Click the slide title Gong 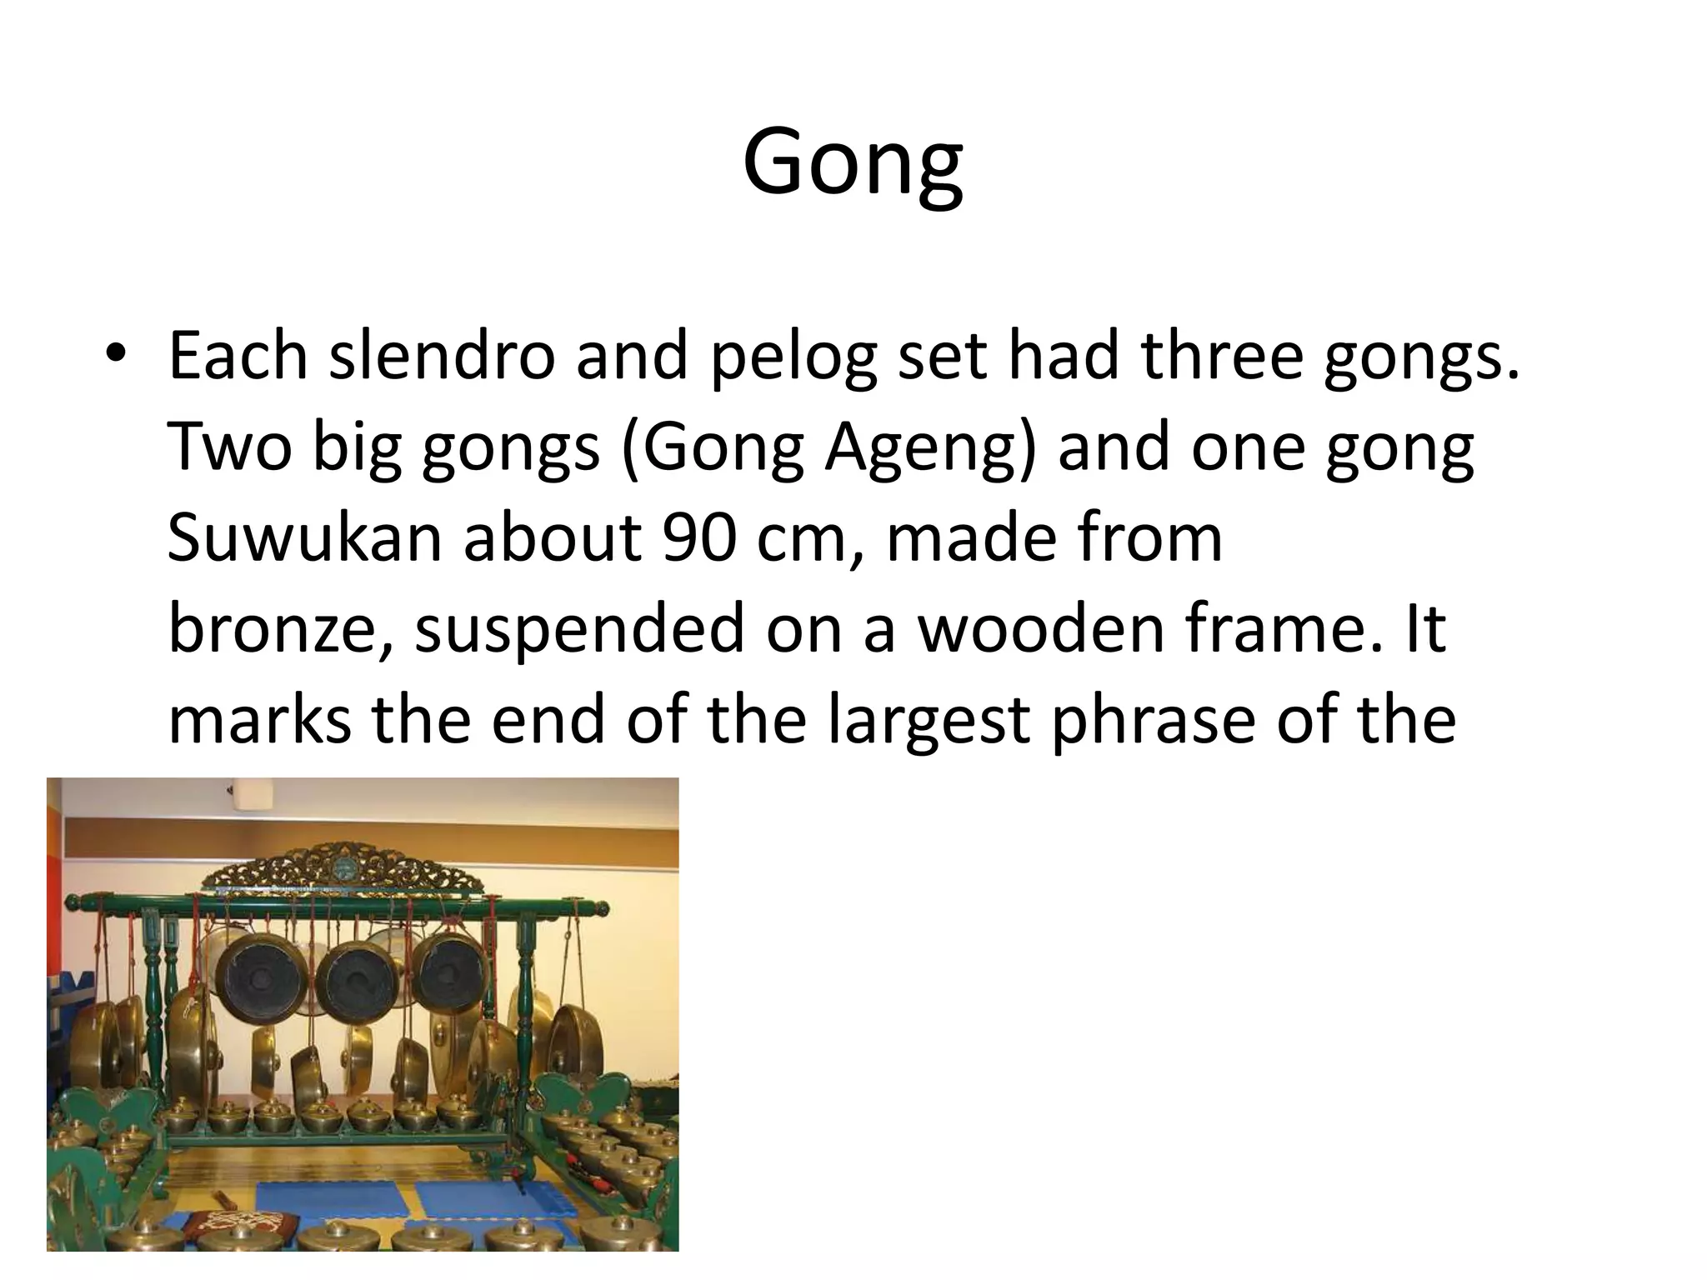[x=853, y=163]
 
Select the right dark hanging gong [x=451, y=972]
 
